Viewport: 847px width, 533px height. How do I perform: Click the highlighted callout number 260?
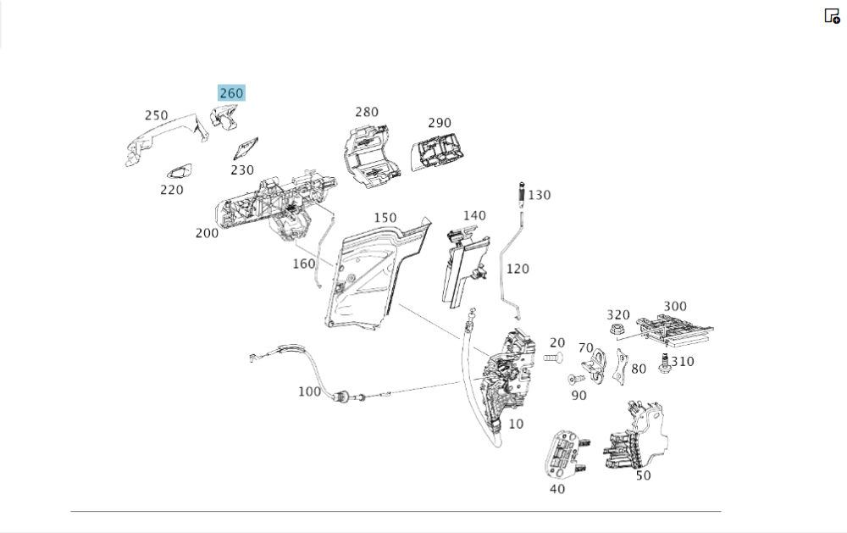(231, 93)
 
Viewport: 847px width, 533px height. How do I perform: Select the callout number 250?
(156, 115)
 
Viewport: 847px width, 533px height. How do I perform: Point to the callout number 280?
(367, 112)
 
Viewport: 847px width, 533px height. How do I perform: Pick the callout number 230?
(242, 169)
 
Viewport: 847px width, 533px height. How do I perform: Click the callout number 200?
(207, 232)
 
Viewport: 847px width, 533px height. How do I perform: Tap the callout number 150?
(385, 218)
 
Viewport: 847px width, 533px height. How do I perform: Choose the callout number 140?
(474, 215)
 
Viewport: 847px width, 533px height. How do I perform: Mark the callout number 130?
(539, 195)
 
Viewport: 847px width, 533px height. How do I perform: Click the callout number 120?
(517, 269)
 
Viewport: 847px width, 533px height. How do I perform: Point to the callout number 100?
(310, 391)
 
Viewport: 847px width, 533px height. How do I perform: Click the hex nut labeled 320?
(617, 329)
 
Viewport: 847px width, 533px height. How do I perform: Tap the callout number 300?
(675, 306)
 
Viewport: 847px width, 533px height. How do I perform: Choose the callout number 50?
(644, 475)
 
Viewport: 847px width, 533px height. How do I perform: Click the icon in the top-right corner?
(832, 15)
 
